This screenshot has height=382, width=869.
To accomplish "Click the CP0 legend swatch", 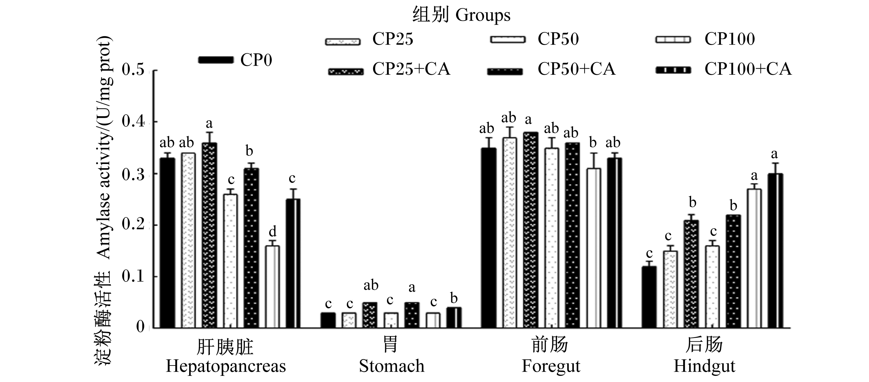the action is tap(216, 60).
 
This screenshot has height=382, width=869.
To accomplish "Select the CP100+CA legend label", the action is tap(748, 69).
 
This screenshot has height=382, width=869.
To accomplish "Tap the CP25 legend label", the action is tap(393, 39).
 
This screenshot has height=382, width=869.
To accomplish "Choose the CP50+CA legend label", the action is tap(577, 69).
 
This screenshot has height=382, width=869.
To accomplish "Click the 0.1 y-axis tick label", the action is tap(133, 277).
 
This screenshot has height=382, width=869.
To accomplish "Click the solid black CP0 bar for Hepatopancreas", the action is tap(168, 243).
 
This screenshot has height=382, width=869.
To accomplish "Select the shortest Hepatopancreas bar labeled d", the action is tap(272, 287).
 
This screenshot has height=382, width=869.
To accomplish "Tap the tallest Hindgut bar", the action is tap(775, 251).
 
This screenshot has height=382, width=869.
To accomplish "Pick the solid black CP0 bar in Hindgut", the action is tap(649, 297).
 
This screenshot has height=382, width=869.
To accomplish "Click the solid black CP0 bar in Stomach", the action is tap(328, 320).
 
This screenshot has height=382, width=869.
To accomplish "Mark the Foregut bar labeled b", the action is tap(594, 248).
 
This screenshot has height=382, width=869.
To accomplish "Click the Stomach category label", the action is tap(392, 366).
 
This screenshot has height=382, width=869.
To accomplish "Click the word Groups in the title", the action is tap(483, 16).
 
